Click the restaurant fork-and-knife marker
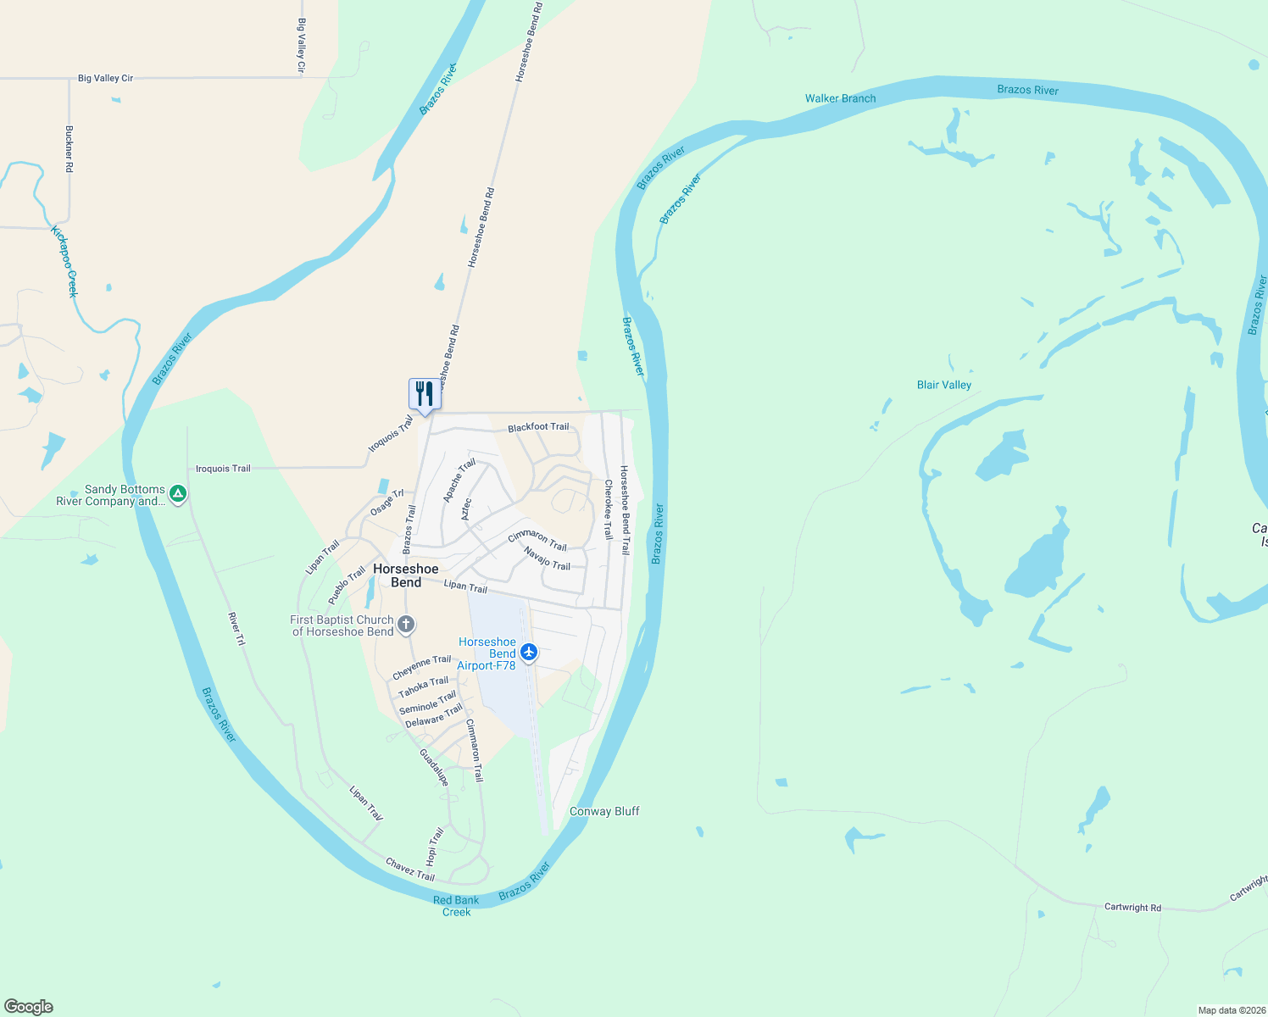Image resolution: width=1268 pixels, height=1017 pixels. click(x=425, y=394)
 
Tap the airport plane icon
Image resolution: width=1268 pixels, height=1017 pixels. click(x=529, y=652)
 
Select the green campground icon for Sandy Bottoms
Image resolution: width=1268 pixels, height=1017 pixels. click(x=178, y=493)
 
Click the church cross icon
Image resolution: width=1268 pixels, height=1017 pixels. click(x=407, y=625)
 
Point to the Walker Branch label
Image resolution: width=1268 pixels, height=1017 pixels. click(x=840, y=98)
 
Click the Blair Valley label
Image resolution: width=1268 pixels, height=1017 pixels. click(x=944, y=385)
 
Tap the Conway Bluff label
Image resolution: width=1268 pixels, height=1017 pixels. click(x=604, y=811)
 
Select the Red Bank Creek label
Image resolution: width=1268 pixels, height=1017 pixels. click(x=456, y=906)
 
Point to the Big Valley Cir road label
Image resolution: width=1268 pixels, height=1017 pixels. click(x=106, y=78)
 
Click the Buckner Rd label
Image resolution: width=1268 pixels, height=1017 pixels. click(x=70, y=149)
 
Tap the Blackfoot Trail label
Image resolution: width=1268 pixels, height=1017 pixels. click(x=538, y=427)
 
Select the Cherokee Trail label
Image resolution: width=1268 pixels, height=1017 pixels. click(x=608, y=509)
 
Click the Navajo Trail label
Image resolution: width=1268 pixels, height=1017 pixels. click(x=547, y=559)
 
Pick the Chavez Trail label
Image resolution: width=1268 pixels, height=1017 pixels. click(x=410, y=870)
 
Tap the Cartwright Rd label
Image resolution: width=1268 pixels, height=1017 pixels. click(x=1132, y=907)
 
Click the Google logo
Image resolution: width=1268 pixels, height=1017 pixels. click(x=29, y=1007)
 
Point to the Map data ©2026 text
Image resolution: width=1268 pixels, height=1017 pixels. click(x=1231, y=1010)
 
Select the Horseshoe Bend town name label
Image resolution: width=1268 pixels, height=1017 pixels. click(x=406, y=575)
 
